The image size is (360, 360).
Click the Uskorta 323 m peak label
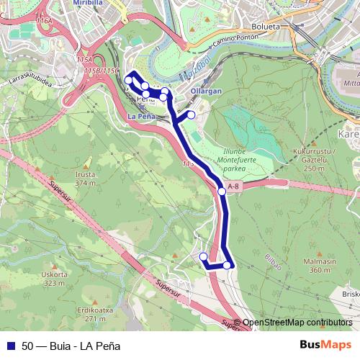pyautogui.click(x=54, y=279)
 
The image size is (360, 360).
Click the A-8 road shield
pyautogui.click(x=232, y=187)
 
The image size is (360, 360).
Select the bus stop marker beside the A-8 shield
pyautogui.click(x=222, y=192)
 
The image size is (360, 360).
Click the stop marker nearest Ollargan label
pyautogui.click(x=191, y=114)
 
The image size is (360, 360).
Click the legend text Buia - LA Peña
pyautogui.click(x=79, y=346)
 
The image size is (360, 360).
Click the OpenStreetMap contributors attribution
pyautogui.click(x=297, y=323)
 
